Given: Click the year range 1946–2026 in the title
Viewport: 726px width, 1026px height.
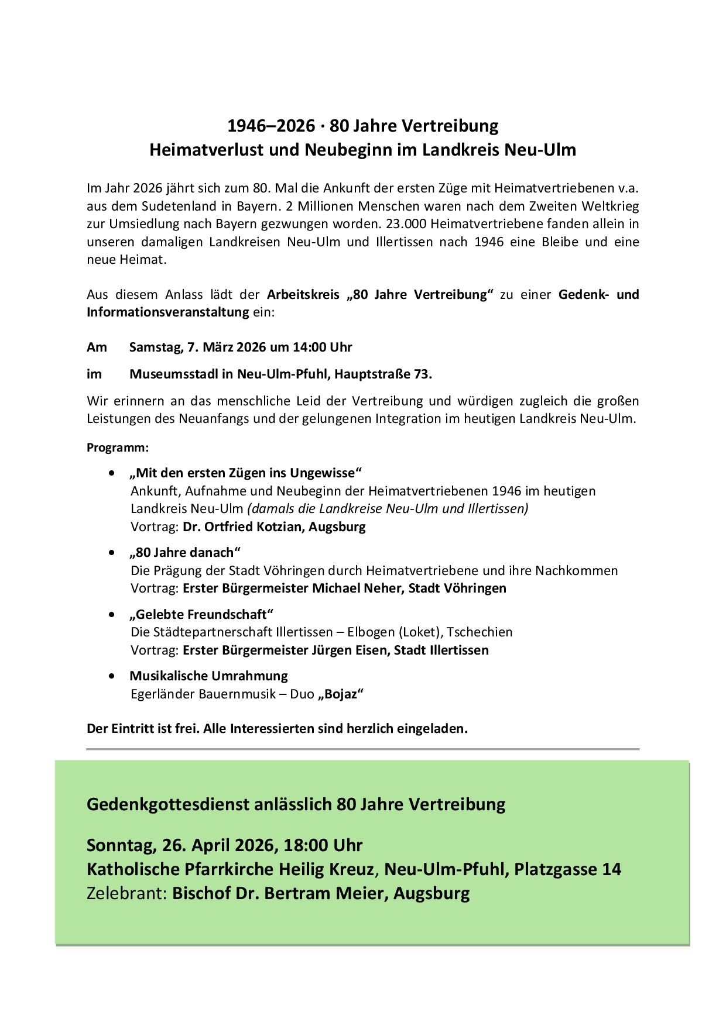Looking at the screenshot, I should coord(270,126).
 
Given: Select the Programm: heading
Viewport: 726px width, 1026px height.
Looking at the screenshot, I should coord(118,447).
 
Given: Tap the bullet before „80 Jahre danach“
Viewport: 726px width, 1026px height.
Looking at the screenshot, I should coord(112,553).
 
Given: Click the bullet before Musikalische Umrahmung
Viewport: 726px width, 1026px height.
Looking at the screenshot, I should coord(112,676).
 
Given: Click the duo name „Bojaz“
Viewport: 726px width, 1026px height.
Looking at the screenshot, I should coord(341,694).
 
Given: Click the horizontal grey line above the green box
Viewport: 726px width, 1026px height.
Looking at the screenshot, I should coord(362,749).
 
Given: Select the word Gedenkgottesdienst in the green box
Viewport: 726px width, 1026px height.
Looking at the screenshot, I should coord(168,804).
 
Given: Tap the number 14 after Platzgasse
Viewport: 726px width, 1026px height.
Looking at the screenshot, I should coord(611,869).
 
